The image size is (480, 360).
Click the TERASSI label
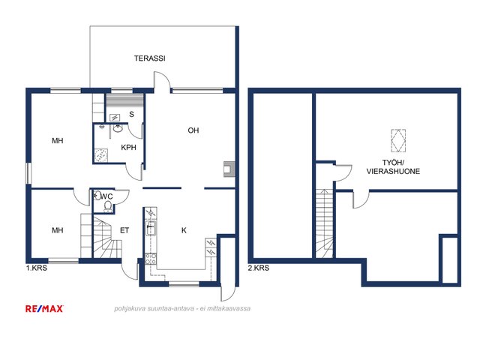click(x=150, y=58)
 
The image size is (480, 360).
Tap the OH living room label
click(x=193, y=130)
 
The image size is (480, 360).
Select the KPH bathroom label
click(x=128, y=148)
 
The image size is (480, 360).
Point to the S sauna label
click(x=132, y=115)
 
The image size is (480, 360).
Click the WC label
click(x=107, y=196)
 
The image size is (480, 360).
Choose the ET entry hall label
click(x=124, y=230)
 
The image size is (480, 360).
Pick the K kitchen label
click(x=184, y=230)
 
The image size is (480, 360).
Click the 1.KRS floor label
click(x=37, y=268)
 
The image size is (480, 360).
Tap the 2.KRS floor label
click(x=259, y=268)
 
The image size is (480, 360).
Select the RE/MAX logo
click(x=44, y=308)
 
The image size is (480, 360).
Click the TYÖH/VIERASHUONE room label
click(x=393, y=167)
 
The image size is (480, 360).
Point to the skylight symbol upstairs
click(x=398, y=141)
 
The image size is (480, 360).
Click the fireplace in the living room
click(x=229, y=169)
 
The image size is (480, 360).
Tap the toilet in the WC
click(x=108, y=206)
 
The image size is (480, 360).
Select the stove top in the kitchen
click(x=151, y=259)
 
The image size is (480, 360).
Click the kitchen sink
click(x=151, y=228)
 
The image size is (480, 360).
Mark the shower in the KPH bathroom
click(x=101, y=155)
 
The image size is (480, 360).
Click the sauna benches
click(x=124, y=100)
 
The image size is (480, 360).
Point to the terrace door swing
click(x=162, y=80)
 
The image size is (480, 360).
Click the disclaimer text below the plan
click(x=182, y=308)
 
